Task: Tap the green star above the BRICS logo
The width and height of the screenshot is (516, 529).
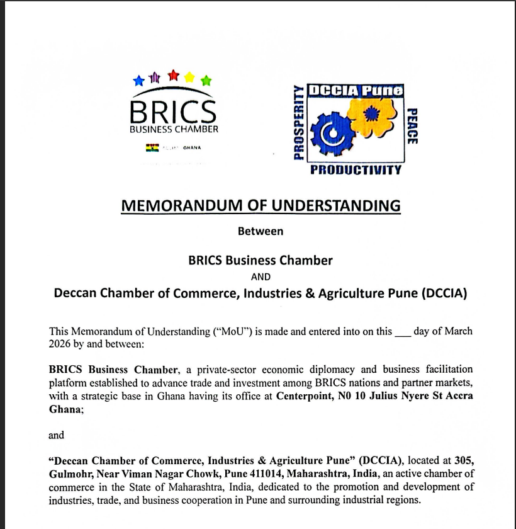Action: (x=206, y=81)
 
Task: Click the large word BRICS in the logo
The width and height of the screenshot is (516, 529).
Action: (x=173, y=111)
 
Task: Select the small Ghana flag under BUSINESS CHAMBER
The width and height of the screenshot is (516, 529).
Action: (x=152, y=148)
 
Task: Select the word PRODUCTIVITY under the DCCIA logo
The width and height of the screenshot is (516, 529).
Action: (x=356, y=169)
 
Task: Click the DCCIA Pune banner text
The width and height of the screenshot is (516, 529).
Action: (x=356, y=90)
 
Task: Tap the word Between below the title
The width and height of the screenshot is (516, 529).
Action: (x=261, y=231)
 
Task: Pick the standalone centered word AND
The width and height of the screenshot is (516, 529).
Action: (x=261, y=276)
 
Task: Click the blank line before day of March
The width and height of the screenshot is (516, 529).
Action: (x=403, y=332)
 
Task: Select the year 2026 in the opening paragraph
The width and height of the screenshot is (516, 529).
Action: (x=60, y=344)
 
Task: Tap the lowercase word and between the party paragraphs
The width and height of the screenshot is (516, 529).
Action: (x=56, y=435)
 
